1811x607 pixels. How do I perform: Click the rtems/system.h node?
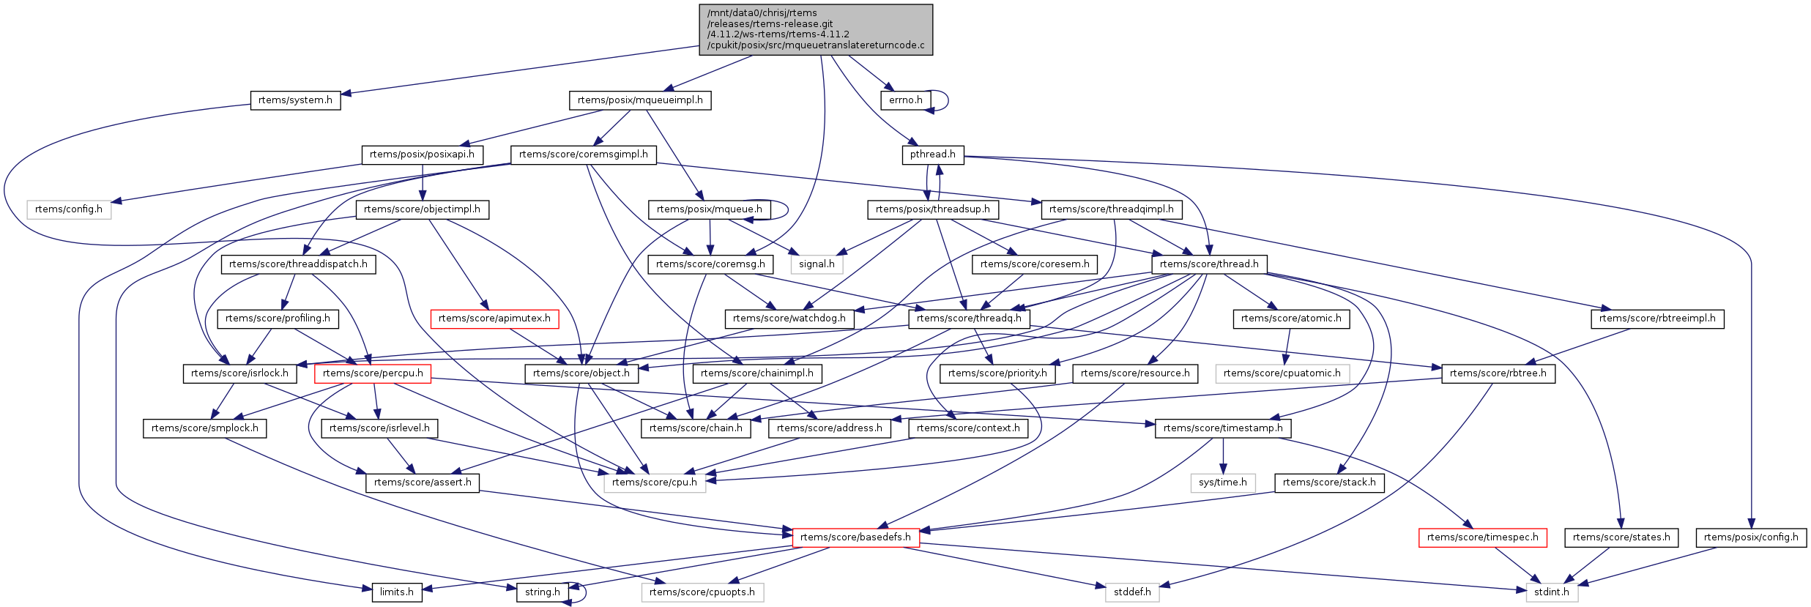(x=295, y=100)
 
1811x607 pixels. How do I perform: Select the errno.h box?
(x=905, y=100)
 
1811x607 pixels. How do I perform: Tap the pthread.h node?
(x=932, y=154)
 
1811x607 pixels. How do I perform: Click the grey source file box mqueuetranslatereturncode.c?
(x=816, y=29)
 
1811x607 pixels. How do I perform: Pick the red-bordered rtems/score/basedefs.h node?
(x=855, y=537)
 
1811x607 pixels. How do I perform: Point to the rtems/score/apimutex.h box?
(x=494, y=319)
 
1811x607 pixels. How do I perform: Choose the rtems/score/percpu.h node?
(x=373, y=373)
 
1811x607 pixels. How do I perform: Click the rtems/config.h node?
(x=69, y=209)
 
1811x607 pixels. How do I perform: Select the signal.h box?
(x=817, y=264)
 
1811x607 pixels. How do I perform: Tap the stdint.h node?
(x=1552, y=592)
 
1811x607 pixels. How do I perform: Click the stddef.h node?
(x=1132, y=592)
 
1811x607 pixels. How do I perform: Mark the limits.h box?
(x=396, y=592)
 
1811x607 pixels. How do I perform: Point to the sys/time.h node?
(x=1223, y=483)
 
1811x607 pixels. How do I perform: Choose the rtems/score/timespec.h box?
(x=1483, y=537)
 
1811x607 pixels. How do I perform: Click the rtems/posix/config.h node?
(x=1751, y=537)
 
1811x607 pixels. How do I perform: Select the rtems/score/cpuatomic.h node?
(x=1282, y=373)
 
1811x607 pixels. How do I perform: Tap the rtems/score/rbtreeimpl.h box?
(x=1657, y=319)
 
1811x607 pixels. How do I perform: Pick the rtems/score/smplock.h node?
(x=204, y=428)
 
